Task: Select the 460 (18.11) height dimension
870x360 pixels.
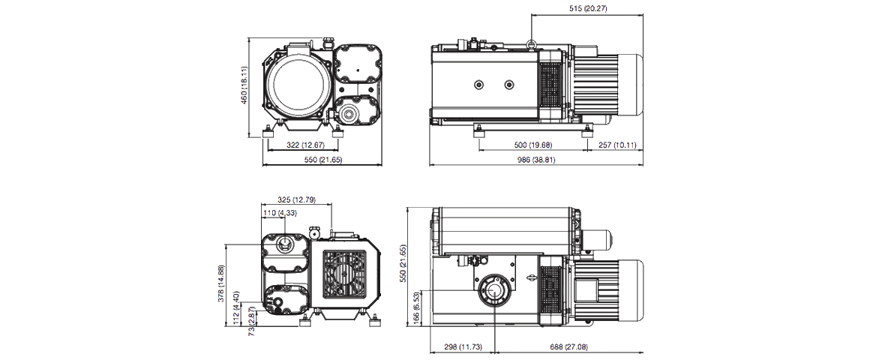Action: coord(244,87)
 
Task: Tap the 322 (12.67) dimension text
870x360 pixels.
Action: coord(303,144)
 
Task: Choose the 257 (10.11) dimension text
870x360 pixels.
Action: coord(613,145)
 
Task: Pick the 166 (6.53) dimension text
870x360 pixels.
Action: coord(416,307)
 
